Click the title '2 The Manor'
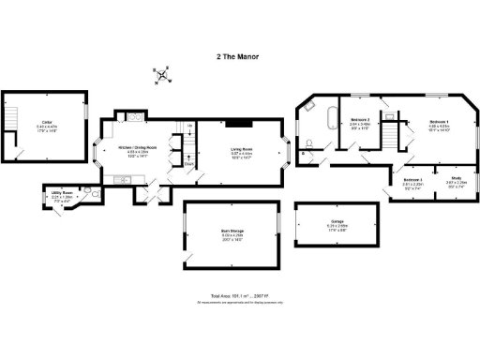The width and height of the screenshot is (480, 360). (239, 55)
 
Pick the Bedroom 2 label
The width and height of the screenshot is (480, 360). (361, 122)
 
